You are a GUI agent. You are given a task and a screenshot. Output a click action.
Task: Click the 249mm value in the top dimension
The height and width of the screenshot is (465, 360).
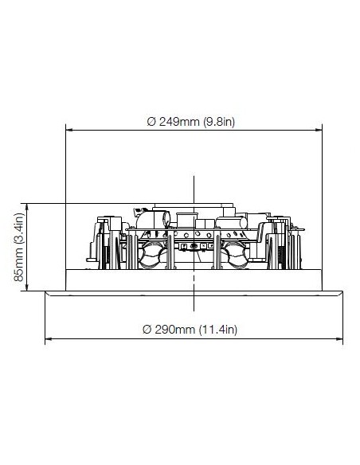pyautogui.click(x=179, y=122)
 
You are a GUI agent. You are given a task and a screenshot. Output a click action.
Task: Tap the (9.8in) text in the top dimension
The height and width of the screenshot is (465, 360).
pyautogui.click(x=219, y=122)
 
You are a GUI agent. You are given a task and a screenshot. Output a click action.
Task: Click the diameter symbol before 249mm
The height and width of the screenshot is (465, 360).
pyautogui.click(x=151, y=122)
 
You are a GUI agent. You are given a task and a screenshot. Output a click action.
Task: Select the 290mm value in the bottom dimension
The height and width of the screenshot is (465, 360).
pyautogui.click(x=175, y=330)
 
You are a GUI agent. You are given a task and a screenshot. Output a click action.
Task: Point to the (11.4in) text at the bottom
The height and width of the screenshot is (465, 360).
pyautogui.click(x=218, y=330)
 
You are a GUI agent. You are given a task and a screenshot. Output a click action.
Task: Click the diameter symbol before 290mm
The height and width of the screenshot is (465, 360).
pyautogui.click(x=147, y=330)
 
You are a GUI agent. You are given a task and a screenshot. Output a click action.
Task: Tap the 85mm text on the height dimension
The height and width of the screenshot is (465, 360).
pyautogui.click(x=18, y=267)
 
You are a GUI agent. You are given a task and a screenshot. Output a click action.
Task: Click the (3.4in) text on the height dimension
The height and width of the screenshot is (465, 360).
pyautogui.click(x=18, y=232)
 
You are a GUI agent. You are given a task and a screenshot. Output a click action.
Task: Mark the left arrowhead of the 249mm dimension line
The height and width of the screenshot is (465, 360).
pyautogui.click(x=69, y=130)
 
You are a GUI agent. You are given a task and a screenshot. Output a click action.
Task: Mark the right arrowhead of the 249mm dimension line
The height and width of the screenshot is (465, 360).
pyautogui.click(x=319, y=130)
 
